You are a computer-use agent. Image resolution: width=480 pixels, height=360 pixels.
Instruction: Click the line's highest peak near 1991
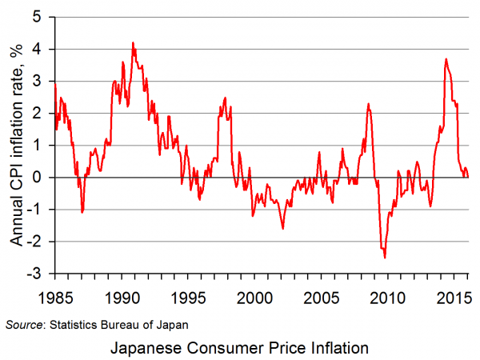click(x=133, y=42)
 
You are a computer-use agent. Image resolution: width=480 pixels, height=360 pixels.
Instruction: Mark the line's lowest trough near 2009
click(x=385, y=258)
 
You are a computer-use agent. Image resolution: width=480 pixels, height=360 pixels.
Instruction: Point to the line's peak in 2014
click(x=446, y=58)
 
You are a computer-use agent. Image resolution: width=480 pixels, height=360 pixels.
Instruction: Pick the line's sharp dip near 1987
click(x=82, y=212)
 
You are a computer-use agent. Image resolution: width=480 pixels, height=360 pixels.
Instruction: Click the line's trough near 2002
click(x=282, y=229)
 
